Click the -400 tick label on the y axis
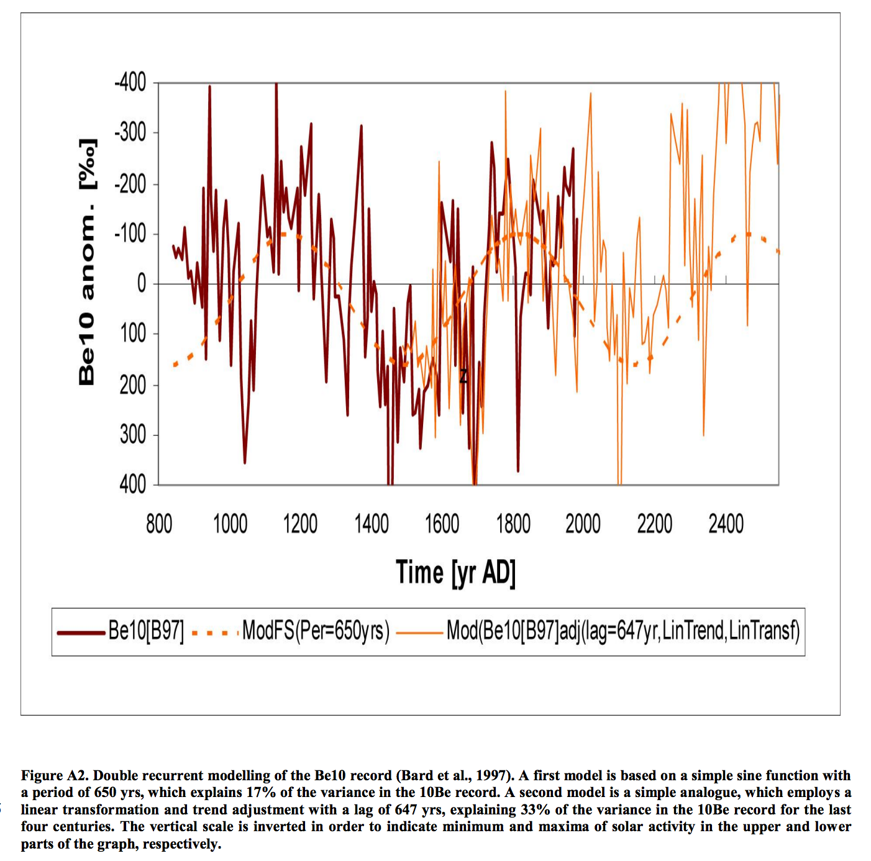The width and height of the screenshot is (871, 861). tap(130, 82)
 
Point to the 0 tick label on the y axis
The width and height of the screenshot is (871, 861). tap(141, 284)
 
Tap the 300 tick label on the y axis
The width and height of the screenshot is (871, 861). tap(133, 435)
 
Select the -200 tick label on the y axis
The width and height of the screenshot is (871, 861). tap(130, 184)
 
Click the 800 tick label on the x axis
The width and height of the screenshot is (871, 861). tap(159, 524)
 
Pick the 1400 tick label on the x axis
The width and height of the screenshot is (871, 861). tap(372, 524)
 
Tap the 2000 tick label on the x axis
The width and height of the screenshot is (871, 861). tap(583, 524)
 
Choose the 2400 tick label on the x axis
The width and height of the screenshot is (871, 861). tap(726, 524)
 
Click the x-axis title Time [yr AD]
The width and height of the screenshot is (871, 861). tap(455, 573)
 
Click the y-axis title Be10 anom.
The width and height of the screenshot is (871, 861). tap(88, 262)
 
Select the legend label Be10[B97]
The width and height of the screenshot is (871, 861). tap(146, 631)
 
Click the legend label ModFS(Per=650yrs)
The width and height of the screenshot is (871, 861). tap(316, 631)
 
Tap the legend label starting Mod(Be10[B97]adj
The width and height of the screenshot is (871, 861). tap(622, 631)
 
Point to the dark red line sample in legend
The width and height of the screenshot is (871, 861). tap(81, 633)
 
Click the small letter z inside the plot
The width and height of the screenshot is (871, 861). tap(463, 376)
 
